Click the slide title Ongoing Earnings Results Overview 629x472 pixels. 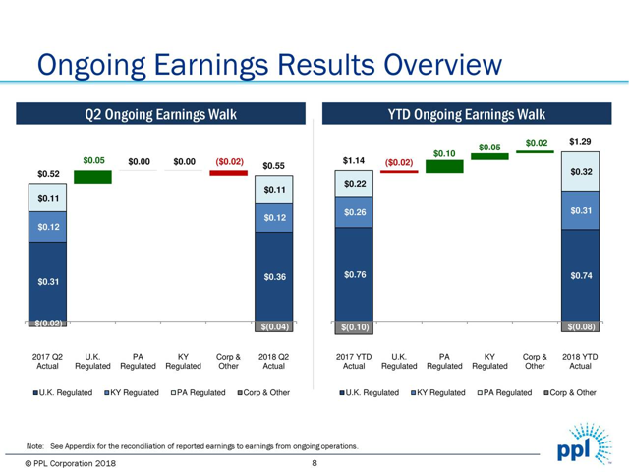click(x=260, y=66)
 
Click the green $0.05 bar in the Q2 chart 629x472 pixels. click(x=93, y=177)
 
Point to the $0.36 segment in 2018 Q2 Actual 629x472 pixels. click(x=274, y=277)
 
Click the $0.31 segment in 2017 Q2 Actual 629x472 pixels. click(x=47, y=282)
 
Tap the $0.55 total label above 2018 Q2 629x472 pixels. click(x=274, y=166)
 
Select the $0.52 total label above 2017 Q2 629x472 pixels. click(x=47, y=174)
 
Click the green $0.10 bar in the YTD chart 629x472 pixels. click(x=444, y=167)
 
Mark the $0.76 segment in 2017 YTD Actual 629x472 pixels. click(x=354, y=274)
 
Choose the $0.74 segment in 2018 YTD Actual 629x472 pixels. click(x=580, y=276)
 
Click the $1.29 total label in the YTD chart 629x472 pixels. click(x=580, y=143)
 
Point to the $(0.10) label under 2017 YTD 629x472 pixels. click(x=354, y=327)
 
